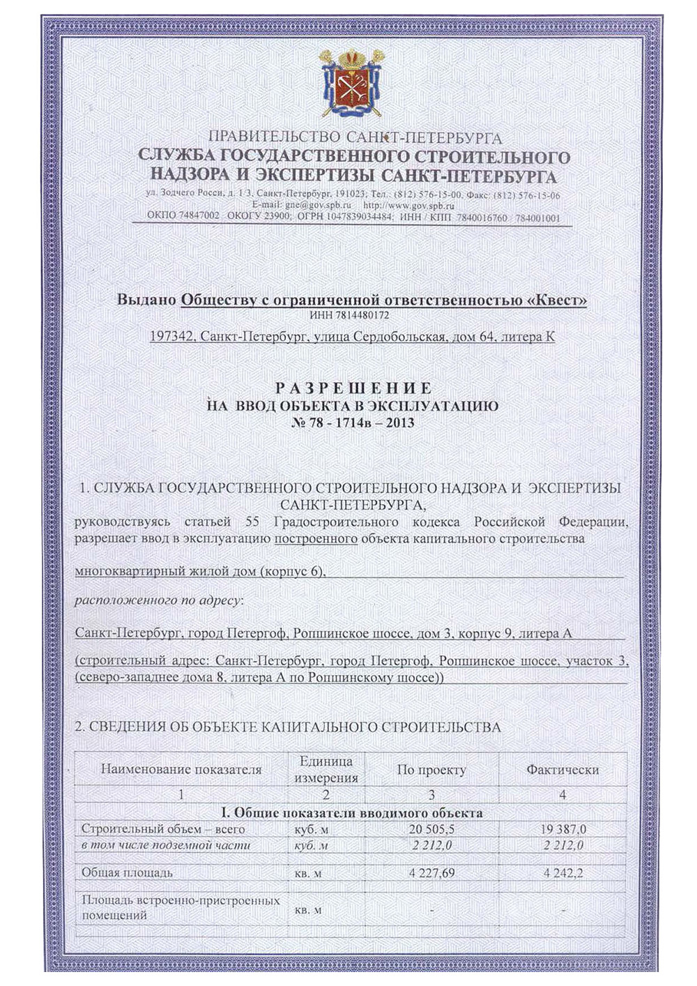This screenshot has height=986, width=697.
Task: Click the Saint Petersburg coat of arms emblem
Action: click(x=350, y=82)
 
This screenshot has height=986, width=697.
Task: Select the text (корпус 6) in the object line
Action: click(x=292, y=572)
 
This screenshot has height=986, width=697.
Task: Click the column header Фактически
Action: click(x=562, y=770)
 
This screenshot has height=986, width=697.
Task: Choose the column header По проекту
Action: click(x=431, y=770)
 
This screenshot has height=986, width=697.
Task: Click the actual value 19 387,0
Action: click(x=563, y=830)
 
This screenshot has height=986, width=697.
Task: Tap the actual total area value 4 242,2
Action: click(x=563, y=873)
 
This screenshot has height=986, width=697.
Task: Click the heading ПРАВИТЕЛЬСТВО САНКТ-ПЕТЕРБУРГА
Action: click(x=355, y=137)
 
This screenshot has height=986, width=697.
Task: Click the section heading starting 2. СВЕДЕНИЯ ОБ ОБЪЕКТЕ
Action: click(x=288, y=727)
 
